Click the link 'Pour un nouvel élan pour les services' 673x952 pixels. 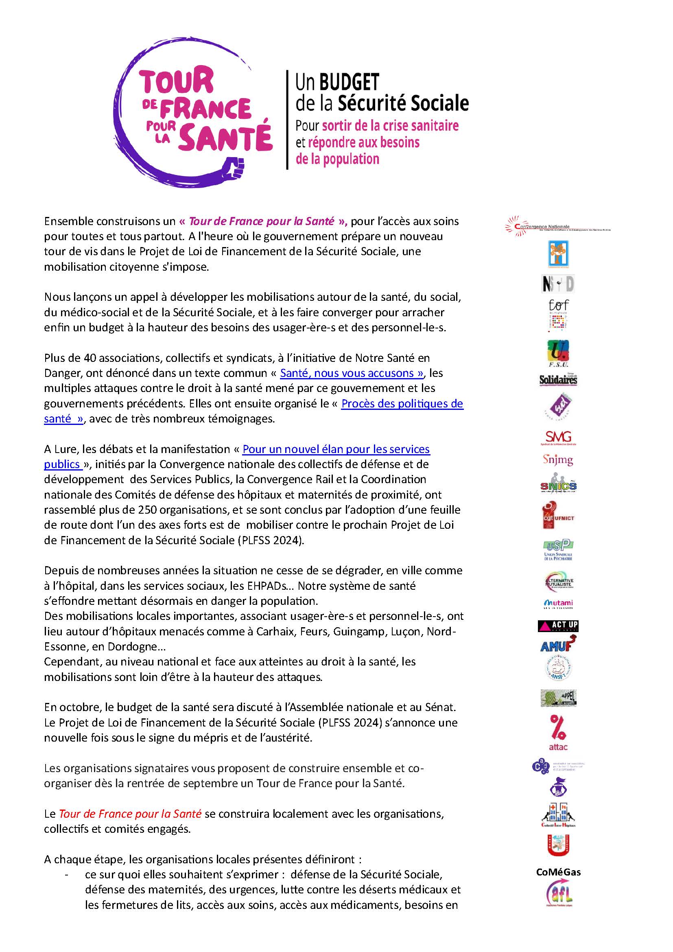point(336,449)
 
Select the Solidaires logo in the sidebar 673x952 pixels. point(558,379)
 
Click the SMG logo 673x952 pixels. point(558,437)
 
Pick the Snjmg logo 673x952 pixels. point(558,460)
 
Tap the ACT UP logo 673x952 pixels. point(558,626)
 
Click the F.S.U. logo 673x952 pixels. point(558,353)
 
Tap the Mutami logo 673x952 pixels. point(558,603)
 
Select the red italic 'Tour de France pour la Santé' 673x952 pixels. point(130,814)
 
